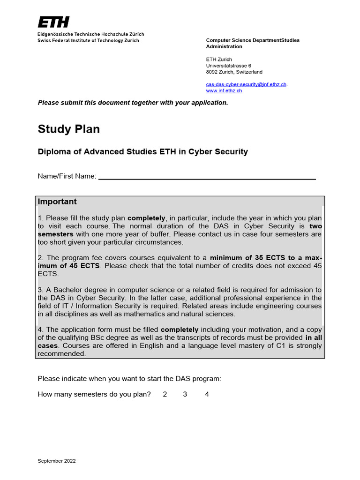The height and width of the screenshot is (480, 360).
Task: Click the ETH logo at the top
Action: pos(53,22)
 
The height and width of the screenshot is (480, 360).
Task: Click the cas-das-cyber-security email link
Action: pos(246,84)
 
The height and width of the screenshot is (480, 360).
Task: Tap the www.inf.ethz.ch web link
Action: pos(224,90)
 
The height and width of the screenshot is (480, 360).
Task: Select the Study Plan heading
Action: pos(68,129)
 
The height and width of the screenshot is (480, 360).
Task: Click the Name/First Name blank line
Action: pos(207,177)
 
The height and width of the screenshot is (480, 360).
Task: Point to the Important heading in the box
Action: pos(57,202)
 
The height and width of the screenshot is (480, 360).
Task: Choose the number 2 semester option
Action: pos(165,394)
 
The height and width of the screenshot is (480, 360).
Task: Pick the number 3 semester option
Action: pos(185,394)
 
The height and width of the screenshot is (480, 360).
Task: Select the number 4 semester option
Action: pos(207,394)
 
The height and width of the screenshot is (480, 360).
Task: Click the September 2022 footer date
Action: pos(57,461)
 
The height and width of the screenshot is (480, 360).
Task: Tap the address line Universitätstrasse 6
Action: pos(228,66)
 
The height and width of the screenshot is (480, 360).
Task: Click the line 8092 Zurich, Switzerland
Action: pos(234,72)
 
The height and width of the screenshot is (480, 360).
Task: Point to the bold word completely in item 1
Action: pos(146,218)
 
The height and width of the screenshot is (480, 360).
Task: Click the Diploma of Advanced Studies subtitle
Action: pos(142,152)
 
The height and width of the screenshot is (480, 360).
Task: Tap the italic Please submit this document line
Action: pos(133,103)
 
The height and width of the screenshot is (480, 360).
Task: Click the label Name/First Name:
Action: pos(67,176)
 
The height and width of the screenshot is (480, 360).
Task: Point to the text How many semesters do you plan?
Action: pos(94,394)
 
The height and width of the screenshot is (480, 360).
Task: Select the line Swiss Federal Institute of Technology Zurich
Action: pos(88,41)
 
